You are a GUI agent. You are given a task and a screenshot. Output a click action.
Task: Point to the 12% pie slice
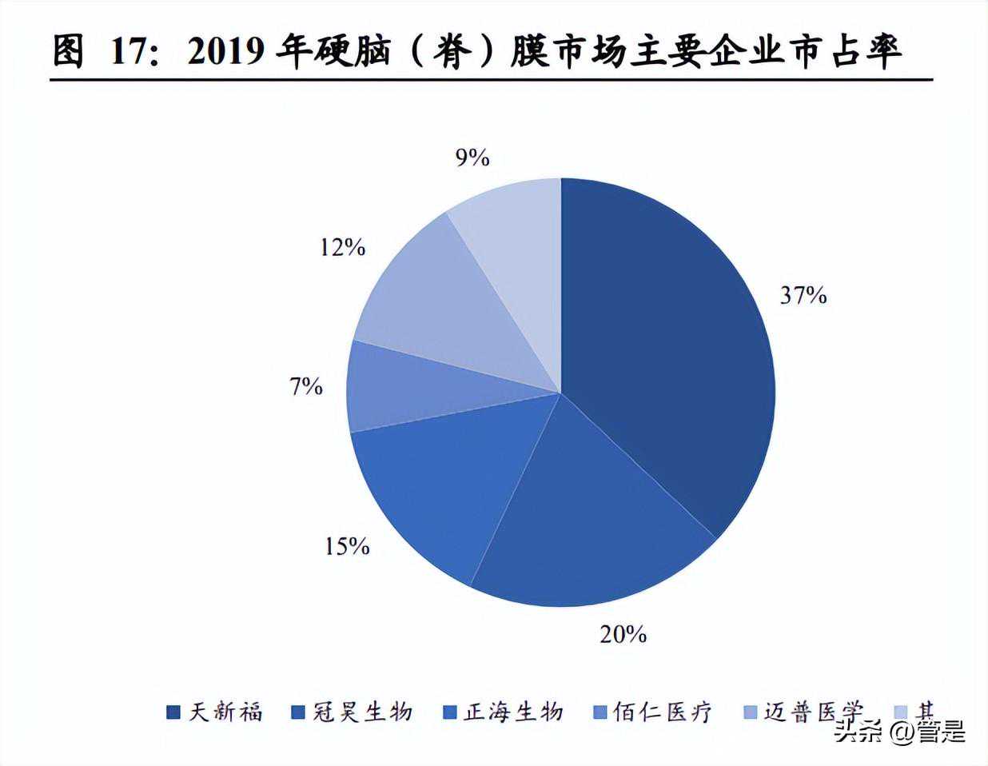coord(440,304)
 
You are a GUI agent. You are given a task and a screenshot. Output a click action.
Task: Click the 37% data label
coord(803,296)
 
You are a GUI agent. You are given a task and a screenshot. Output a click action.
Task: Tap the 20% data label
coord(623,634)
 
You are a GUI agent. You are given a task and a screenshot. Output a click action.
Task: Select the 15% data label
coord(347,546)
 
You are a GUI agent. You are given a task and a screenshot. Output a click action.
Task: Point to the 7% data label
coord(306,388)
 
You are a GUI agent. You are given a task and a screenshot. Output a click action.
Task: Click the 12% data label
coord(342,248)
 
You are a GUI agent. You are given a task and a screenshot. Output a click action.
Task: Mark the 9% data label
coord(472,158)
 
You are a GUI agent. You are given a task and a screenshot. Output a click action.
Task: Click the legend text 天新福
coord(225,712)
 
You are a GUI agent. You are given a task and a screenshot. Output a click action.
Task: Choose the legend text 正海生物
coord(513,712)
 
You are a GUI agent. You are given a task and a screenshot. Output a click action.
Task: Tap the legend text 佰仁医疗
coord(662,712)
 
